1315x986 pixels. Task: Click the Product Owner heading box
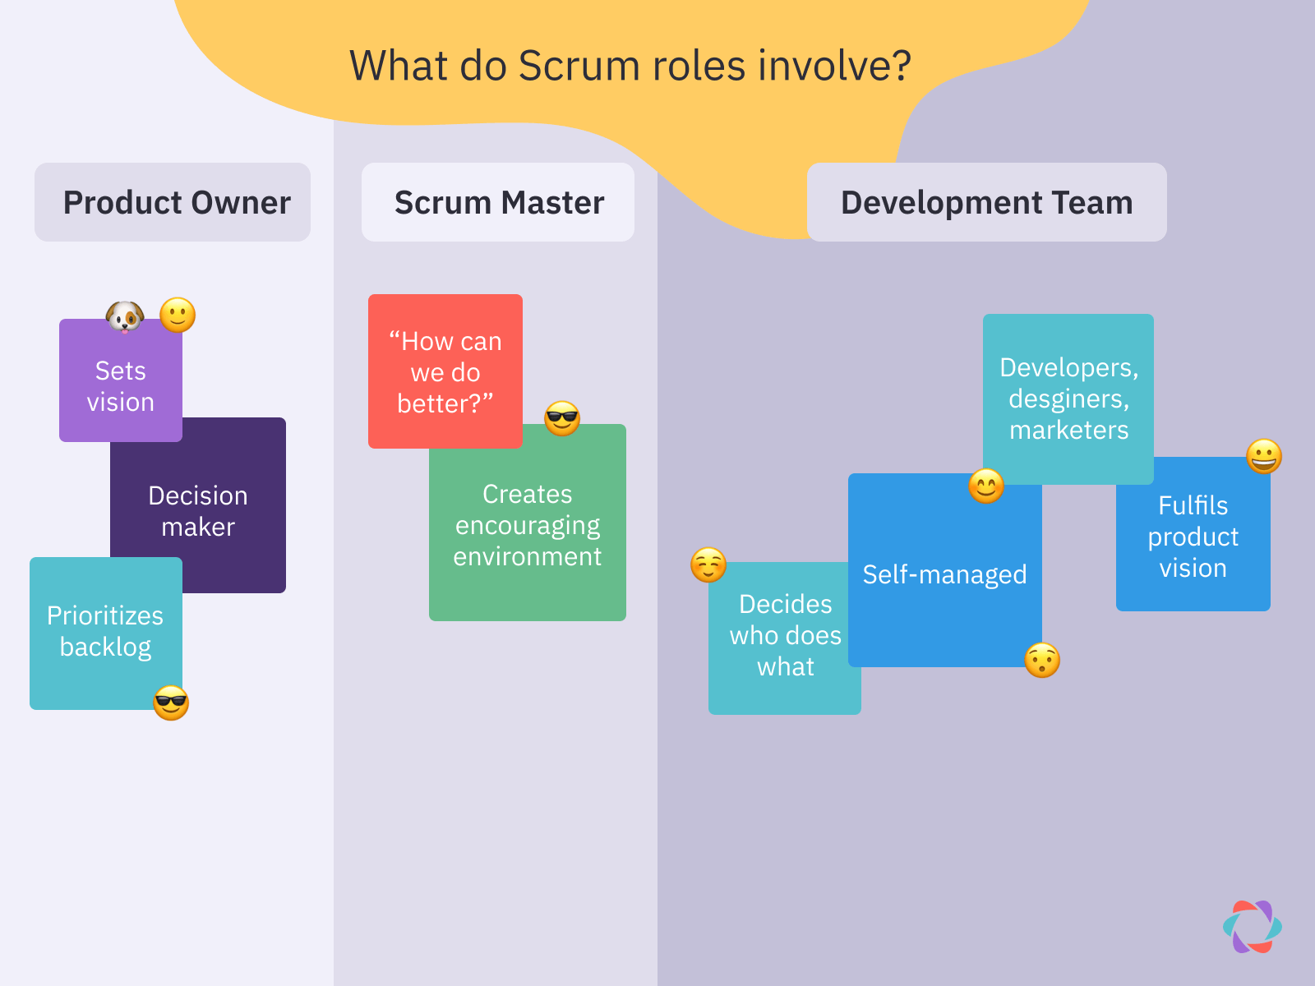point(173,202)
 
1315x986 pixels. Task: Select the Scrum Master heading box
point(498,202)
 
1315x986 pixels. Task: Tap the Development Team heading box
point(986,202)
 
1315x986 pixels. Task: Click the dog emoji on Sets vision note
point(125,316)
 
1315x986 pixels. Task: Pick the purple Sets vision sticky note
point(120,386)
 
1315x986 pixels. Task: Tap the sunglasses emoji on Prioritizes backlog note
point(171,703)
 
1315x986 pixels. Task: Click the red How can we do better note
point(445,371)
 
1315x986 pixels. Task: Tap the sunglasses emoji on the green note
point(562,418)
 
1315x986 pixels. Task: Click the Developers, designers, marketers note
point(1068,399)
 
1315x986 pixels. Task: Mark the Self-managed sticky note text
point(944,574)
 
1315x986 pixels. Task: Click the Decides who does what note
point(785,636)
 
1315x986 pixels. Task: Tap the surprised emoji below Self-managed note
point(1042,660)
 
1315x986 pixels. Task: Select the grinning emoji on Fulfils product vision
point(1264,456)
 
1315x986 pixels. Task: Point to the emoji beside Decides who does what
point(708,564)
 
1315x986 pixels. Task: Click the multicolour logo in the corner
point(1252,927)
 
